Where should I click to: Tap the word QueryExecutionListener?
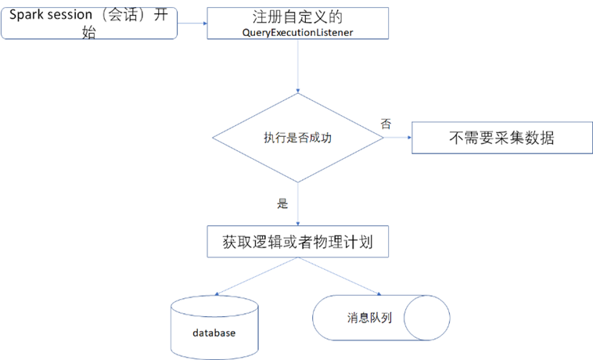(x=298, y=32)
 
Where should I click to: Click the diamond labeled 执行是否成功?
(x=298, y=139)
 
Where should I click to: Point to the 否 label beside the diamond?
(x=385, y=124)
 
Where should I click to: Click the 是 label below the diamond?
(x=282, y=204)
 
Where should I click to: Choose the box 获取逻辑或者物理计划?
(x=298, y=242)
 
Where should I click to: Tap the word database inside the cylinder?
(x=214, y=333)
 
